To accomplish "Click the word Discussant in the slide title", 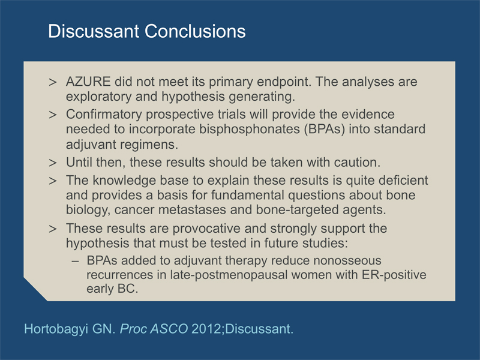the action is [x=94, y=31].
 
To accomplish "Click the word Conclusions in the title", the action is [x=195, y=31].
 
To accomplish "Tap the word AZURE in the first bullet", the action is [x=88, y=82].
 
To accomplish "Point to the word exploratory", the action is [x=98, y=97].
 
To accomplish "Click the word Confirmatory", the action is [x=104, y=115].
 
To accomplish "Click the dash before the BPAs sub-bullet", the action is [x=76, y=261].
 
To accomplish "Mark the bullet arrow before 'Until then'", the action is [x=53, y=163].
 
